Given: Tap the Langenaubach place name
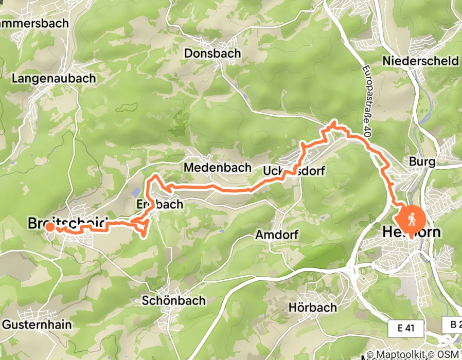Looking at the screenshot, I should coord(54,79).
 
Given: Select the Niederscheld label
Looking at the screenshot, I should coord(420,61).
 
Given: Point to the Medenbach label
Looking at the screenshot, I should coord(218,168).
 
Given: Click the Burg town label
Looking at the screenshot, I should coord(422,162).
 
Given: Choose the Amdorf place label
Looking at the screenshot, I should coord(277,235).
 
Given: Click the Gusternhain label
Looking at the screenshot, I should coord(37,325).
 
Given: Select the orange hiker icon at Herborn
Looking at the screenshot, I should coord(411,220).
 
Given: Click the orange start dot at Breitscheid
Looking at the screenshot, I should coord(50,227).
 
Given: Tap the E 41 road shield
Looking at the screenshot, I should coord(406,328).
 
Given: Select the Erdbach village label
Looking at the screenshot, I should coord(159,204).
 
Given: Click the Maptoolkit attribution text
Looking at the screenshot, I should coord(404,354).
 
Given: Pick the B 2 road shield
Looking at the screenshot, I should coord(452,324).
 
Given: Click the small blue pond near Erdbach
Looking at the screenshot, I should coord(135,193).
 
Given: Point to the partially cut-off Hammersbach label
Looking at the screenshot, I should coord(25,24).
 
